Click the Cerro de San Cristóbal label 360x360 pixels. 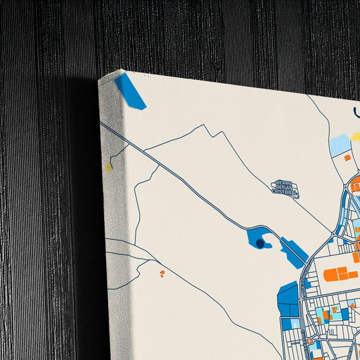coord(284,187)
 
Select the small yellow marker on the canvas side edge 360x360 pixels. coord(108,165)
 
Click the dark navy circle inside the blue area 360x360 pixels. coord(260,242)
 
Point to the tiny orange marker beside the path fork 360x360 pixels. coord(162,273)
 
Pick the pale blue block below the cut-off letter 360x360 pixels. coord(340,145)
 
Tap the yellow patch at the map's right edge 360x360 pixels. coord(356,136)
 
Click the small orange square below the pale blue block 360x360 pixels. coord(347,157)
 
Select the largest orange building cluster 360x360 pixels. coord(340,274)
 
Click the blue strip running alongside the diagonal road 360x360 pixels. coord(293,252)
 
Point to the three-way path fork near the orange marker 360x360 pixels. coord(140,262)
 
